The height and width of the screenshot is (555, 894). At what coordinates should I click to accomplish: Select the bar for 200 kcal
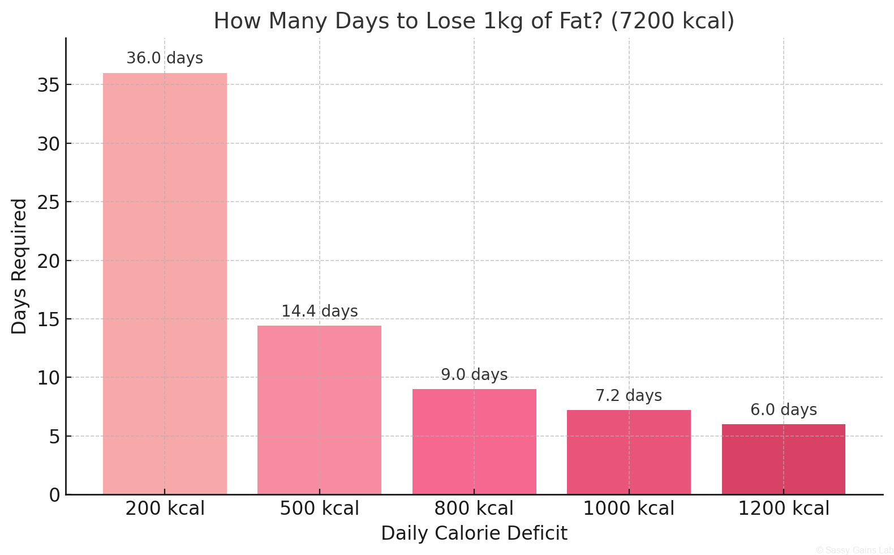[165, 283]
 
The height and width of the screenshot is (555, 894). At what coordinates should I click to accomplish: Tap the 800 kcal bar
[474, 442]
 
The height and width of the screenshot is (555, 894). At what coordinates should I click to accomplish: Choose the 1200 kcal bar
[783, 459]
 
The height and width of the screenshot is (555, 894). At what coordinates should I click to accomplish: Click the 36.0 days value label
[165, 58]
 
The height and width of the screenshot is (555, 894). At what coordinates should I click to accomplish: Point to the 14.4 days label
[319, 311]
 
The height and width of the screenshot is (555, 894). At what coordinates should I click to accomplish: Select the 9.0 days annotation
[474, 375]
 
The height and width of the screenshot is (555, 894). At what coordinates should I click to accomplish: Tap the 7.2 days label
[629, 396]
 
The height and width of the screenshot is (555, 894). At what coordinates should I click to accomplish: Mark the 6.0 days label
[783, 410]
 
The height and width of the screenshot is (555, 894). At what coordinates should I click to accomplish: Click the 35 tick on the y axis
[49, 85]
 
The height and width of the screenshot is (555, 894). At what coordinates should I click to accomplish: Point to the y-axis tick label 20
[49, 261]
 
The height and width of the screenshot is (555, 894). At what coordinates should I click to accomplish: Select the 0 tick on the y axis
[54, 496]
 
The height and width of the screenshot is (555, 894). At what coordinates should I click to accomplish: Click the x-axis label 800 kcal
[474, 509]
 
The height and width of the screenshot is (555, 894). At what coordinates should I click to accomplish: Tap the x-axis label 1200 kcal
[783, 509]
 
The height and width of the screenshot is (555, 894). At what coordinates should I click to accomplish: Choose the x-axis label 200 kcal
[165, 509]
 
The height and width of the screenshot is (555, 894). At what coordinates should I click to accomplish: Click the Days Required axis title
[19, 266]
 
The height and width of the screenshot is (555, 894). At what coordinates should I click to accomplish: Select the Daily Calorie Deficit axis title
[474, 533]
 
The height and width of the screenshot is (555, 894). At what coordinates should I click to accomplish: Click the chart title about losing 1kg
[474, 22]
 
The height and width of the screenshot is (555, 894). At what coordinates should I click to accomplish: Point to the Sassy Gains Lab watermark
[854, 550]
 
